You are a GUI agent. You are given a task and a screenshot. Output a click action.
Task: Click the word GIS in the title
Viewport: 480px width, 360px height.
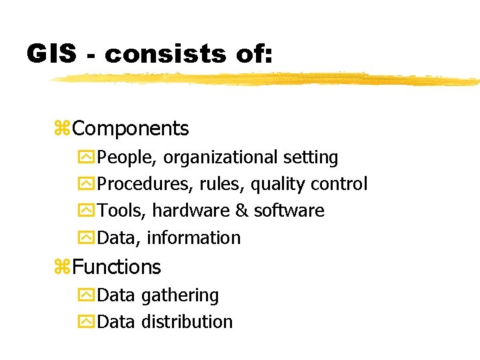52,53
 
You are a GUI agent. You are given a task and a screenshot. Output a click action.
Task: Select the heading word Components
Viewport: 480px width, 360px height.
131,128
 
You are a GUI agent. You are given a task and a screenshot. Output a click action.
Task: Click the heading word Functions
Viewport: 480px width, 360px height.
117,267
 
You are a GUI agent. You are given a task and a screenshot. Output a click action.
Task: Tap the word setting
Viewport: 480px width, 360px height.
311,158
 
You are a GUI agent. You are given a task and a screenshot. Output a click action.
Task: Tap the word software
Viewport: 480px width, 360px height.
289,211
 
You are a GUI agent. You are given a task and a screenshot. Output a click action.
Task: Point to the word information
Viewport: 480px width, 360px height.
193,237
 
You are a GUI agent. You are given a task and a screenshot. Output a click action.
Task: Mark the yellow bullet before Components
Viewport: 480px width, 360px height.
63,129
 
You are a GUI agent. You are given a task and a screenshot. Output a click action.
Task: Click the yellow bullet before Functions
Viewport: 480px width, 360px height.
63,267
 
